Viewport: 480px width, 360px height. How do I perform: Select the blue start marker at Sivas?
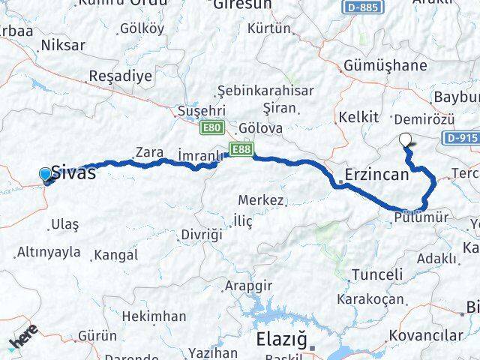[x=46, y=175]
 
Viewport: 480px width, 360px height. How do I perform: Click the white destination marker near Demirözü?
[x=406, y=139]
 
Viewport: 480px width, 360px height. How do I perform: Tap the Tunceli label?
[x=377, y=274]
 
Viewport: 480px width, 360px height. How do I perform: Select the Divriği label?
[x=202, y=235]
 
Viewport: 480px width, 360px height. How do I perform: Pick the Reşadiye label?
[x=120, y=76]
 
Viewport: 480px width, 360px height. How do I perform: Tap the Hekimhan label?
[x=153, y=316]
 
